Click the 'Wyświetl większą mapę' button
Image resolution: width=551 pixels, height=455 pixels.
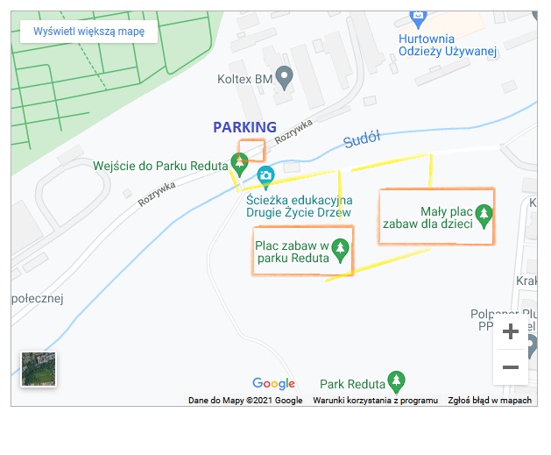[x=88, y=32]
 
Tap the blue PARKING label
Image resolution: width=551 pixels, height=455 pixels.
[x=244, y=127]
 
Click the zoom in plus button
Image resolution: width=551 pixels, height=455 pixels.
[x=511, y=332]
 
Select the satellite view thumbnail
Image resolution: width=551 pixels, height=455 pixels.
[x=39, y=368]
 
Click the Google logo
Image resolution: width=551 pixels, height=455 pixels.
[x=273, y=383]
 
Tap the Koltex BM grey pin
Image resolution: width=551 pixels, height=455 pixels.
[x=284, y=77]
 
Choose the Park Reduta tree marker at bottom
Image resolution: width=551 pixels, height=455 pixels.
[x=397, y=381]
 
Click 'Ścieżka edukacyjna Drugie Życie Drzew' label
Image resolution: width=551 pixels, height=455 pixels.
[x=299, y=205]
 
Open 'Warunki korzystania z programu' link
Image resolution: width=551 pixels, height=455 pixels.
[x=375, y=401]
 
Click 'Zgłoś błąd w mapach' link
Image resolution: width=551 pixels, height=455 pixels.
[x=490, y=401]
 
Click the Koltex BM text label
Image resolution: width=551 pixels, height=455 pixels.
[x=245, y=79]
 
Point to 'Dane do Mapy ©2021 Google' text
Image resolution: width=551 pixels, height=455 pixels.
[x=245, y=401]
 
